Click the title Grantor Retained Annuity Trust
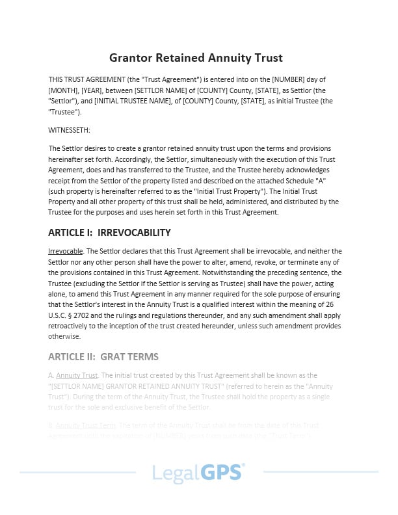pyautogui.click(x=196, y=57)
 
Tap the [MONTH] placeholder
pyautogui.click(x=64, y=90)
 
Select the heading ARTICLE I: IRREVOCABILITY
pyautogui.click(x=109, y=232)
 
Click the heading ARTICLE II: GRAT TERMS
pyautogui.click(x=103, y=357)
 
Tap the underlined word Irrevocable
pyautogui.click(x=65, y=251)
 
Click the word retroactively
pyautogui.click(x=71, y=326)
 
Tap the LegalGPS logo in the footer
pyautogui.click(x=198, y=472)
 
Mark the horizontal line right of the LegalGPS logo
pyautogui.click(x=319, y=472)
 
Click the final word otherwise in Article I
pyautogui.click(x=64, y=336)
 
